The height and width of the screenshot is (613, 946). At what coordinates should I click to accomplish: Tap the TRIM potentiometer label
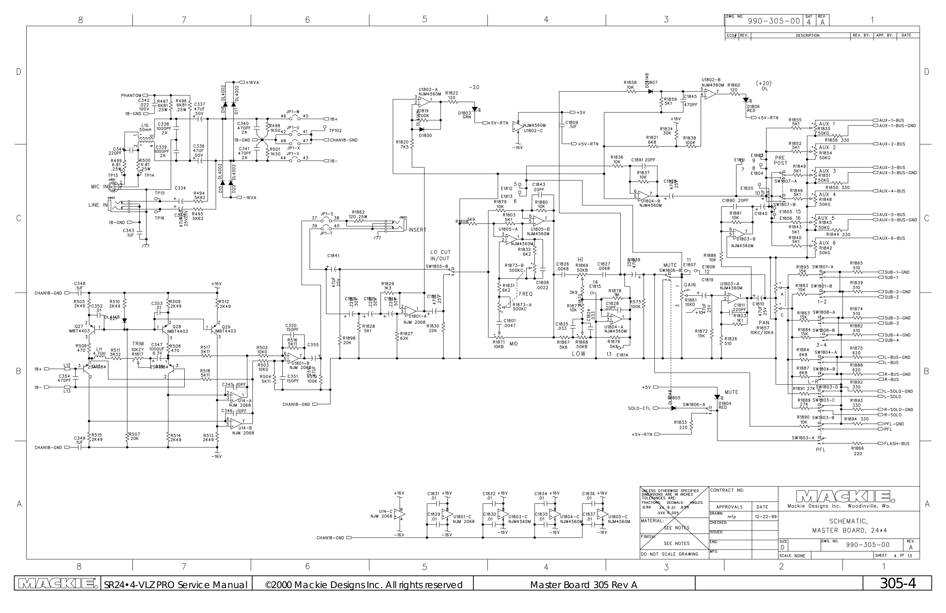138,344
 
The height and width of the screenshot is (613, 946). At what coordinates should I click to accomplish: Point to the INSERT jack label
417,230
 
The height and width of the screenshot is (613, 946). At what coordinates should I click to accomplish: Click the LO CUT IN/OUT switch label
440,255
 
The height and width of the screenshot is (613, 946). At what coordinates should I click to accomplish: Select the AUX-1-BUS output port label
891,120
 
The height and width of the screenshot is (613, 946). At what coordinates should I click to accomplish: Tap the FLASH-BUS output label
897,444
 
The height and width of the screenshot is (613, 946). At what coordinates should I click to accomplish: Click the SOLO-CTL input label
639,408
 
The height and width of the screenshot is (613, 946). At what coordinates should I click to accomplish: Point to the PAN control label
763,323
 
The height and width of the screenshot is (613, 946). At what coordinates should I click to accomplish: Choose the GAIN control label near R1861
690,285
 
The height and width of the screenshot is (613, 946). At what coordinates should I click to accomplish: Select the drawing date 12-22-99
764,516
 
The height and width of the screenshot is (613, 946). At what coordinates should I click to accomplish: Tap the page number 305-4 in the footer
897,584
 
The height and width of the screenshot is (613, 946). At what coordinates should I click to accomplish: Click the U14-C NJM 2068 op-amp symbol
399,514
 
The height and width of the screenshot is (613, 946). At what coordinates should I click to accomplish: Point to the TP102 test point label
335,130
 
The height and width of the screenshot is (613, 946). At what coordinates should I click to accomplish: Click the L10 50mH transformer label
145,128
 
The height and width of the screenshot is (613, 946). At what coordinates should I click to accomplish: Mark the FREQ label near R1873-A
525,294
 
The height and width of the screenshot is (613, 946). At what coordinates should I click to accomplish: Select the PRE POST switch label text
780,160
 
